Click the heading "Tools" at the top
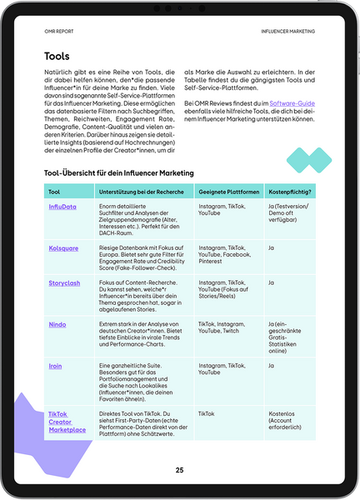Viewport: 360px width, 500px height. (x=57, y=57)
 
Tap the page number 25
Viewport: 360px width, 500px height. (x=179, y=470)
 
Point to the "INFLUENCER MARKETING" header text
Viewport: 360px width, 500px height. (x=288, y=31)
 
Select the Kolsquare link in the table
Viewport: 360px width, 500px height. (x=62, y=248)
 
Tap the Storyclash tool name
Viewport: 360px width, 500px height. (x=64, y=283)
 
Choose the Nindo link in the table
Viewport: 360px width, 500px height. (x=57, y=324)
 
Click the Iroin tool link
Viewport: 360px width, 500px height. (x=56, y=365)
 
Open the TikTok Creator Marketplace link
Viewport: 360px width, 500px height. (x=67, y=422)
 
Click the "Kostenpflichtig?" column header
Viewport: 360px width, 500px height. (x=289, y=192)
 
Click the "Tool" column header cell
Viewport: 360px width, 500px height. (x=54, y=192)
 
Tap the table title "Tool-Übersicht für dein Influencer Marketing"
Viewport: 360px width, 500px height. (x=118, y=172)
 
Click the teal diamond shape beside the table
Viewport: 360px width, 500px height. (x=308, y=157)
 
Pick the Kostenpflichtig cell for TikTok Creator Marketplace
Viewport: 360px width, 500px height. (x=288, y=421)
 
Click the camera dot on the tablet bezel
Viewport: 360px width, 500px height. (x=180, y=7)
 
